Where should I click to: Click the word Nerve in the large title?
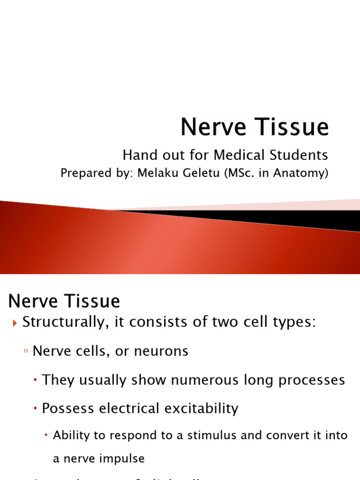tap(210, 127)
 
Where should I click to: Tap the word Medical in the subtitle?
tap(240, 155)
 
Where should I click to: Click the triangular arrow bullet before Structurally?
tap(14, 323)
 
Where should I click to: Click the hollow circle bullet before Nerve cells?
tap(26, 352)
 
